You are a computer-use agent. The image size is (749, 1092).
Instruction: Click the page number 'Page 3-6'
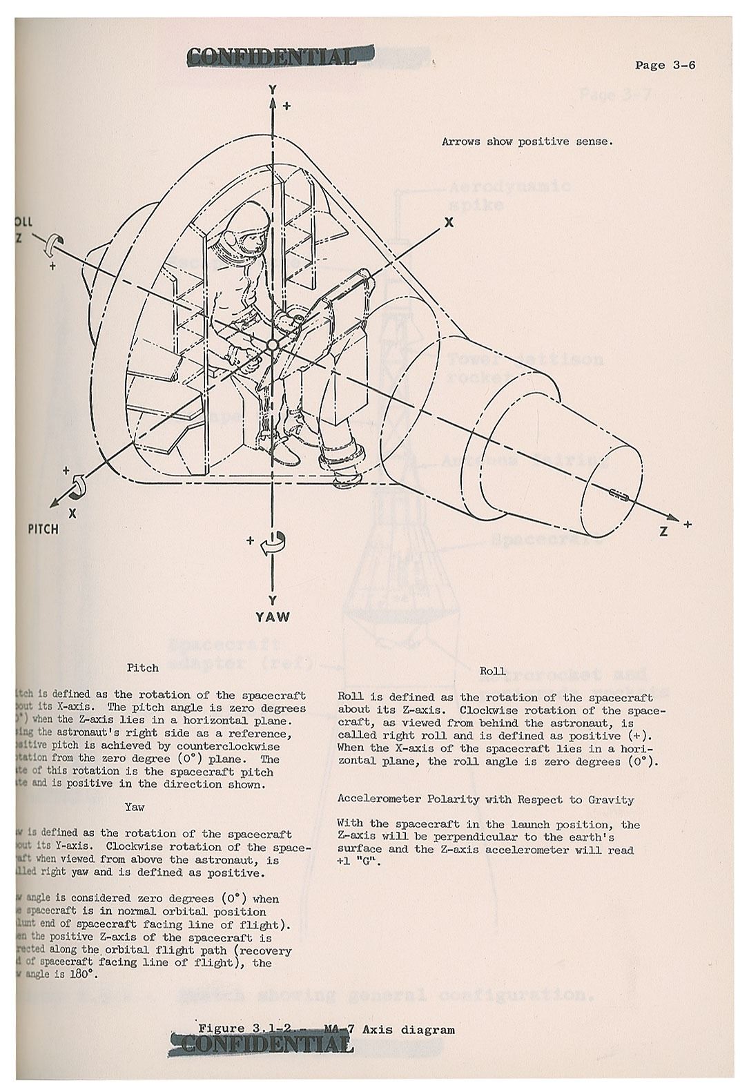(665, 65)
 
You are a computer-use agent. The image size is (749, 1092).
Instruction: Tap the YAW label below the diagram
(273, 616)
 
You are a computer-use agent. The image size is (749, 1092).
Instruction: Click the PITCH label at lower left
(43, 529)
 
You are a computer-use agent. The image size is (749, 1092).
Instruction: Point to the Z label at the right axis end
(663, 532)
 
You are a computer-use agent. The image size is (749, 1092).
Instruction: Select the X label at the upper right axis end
(449, 222)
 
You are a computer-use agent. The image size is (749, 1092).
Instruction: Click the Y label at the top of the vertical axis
(273, 90)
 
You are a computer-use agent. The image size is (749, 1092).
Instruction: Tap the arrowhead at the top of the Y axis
(273, 104)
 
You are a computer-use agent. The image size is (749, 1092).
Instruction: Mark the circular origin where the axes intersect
(273, 344)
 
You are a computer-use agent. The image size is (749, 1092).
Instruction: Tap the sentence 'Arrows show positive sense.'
(527, 142)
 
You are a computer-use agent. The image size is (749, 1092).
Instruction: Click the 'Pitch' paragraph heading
(142, 667)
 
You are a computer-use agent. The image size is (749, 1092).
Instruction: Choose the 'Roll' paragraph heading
(492, 670)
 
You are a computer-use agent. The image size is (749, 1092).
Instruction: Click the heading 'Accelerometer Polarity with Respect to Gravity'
(485, 799)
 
